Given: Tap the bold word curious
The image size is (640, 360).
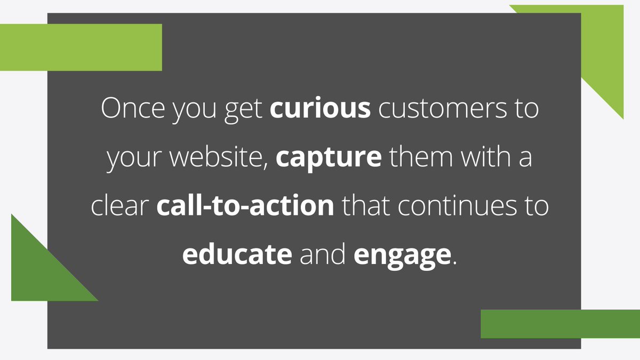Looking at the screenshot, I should point(320,109).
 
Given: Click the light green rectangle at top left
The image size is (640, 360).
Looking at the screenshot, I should point(80,47).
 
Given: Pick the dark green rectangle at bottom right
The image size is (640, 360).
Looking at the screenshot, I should point(560,324).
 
